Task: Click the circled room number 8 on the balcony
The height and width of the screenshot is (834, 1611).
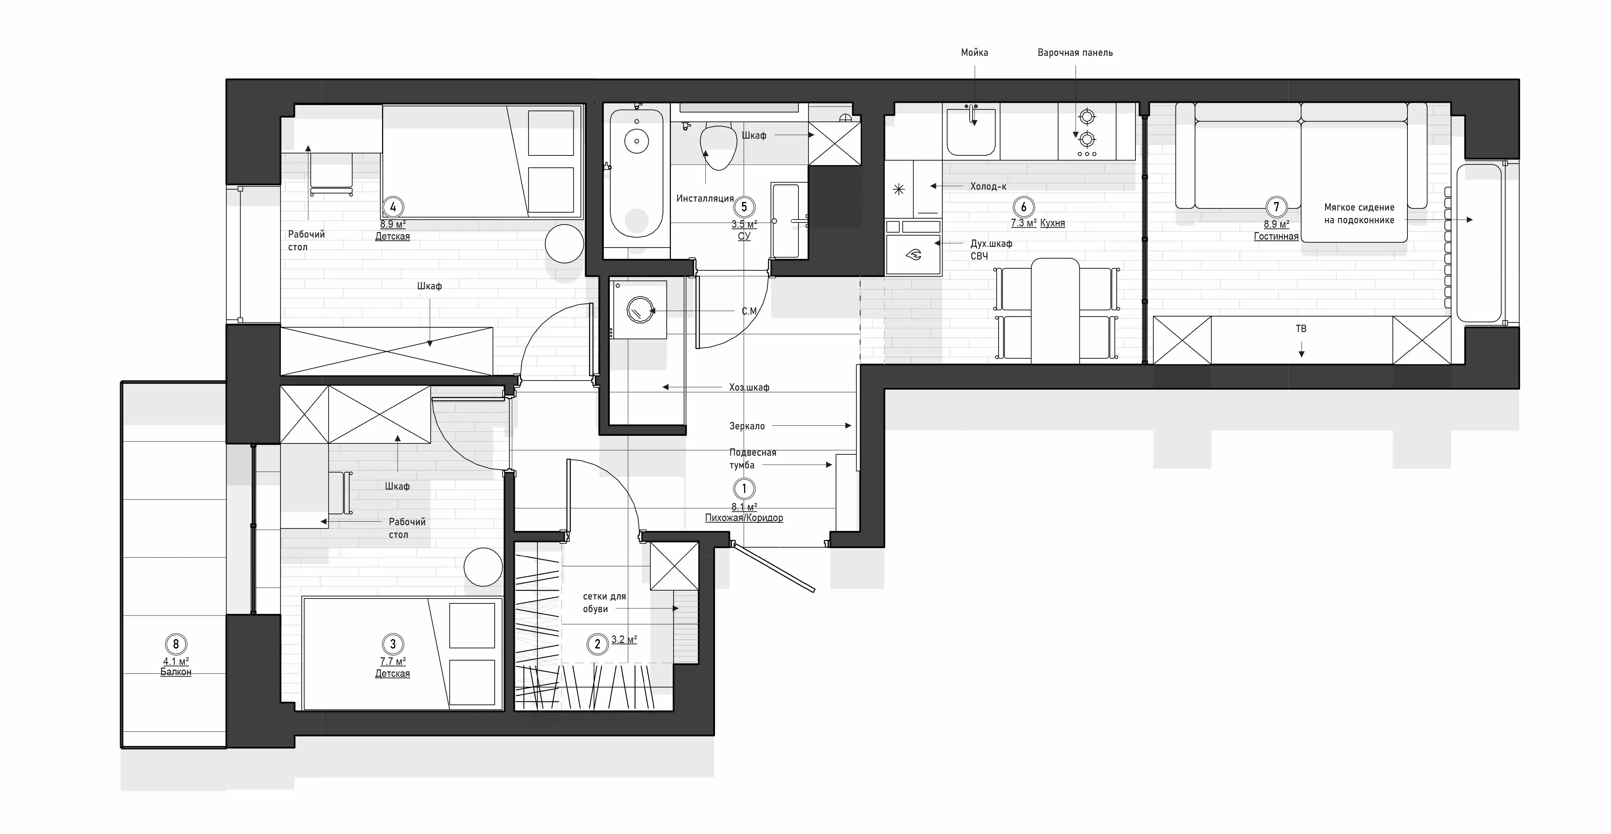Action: pos(176,644)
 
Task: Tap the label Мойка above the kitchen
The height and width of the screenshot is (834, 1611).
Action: pos(974,53)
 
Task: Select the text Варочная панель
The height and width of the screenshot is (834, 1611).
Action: pos(1075,53)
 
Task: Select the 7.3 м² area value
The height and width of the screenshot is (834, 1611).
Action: pos(1024,223)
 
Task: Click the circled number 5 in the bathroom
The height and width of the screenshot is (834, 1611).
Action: pos(744,206)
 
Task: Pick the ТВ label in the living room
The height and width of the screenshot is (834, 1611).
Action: pos(1301,328)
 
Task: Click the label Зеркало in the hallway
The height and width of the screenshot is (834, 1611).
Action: pos(747,426)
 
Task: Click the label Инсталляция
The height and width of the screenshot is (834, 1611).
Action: pos(705,198)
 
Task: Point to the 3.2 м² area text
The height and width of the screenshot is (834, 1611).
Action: pos(624,640)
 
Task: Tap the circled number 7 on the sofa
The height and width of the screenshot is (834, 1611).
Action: pos(1276,206)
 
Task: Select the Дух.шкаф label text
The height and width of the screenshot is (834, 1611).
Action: pos(991,243)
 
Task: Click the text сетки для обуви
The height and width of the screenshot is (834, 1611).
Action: pos(604,603)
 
